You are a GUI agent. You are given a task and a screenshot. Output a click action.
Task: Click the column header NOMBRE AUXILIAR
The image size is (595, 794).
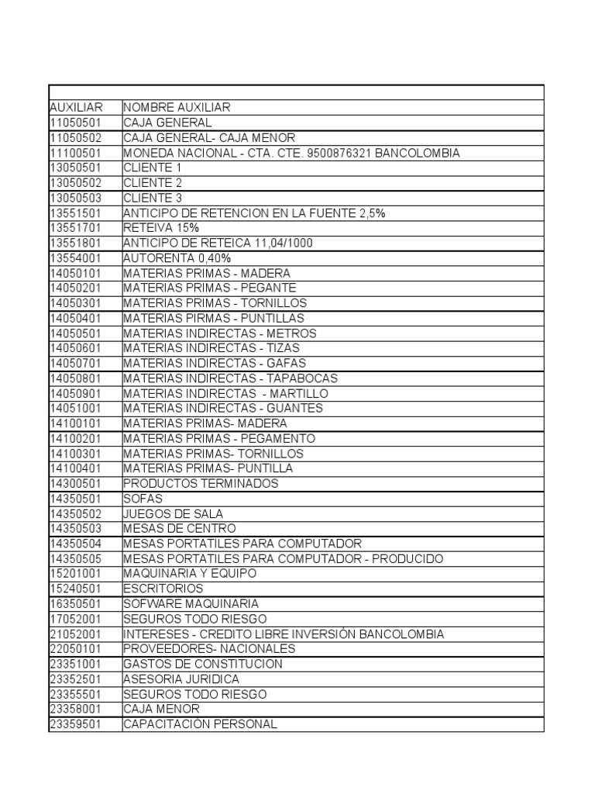(177, 108)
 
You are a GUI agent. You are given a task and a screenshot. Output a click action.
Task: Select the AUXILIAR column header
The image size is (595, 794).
(76, 108)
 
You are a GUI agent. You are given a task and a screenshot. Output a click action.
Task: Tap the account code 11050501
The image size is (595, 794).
(75, 123)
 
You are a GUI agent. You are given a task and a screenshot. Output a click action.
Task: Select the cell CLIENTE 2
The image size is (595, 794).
(153, 183)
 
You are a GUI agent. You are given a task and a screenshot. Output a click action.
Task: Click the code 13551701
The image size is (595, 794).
(75, 228)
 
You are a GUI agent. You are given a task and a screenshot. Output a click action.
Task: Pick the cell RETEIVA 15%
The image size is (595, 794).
(161, 228)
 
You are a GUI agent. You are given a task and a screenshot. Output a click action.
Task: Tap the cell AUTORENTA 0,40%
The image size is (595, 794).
(177, 258)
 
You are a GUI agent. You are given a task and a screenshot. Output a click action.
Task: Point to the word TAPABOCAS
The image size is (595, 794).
(301, 378)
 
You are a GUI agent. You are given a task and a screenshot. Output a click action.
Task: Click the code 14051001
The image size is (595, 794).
(75, 409)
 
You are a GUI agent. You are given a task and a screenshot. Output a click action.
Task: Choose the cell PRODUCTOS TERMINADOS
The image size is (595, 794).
(200, 484)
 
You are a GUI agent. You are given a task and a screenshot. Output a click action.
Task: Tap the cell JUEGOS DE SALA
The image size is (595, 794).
(173, 514)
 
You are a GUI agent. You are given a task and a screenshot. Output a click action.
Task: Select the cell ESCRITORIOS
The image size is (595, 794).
(163, 589)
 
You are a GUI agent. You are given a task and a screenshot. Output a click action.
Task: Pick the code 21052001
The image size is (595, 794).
(75, 634)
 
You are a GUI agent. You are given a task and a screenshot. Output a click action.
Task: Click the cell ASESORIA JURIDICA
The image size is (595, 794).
(181, 679)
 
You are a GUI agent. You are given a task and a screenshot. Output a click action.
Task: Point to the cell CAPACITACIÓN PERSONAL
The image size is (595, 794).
(200, 725)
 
